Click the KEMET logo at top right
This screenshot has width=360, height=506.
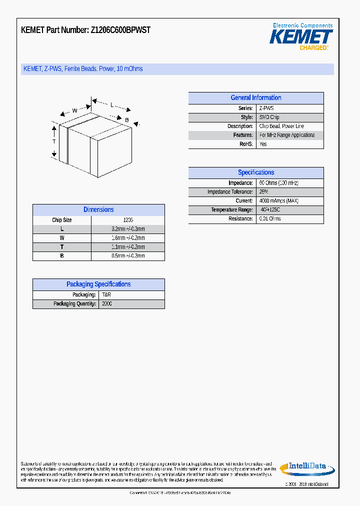click(x=301, y=36)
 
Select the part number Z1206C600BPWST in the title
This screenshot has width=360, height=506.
click(x=120, y=30)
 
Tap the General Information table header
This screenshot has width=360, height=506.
click(x=255, y=98)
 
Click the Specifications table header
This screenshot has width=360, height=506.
click(x=255, y=172)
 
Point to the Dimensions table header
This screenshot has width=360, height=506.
click(x=98, y=210)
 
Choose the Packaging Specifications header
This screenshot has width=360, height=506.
click(x=98, y=284)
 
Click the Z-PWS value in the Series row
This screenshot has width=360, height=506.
click(x=266, y=108)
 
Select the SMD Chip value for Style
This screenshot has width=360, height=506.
click(x=269, y=117)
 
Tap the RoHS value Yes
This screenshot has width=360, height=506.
click(x=263, y=144)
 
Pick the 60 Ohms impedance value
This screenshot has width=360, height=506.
click(x=278, y=183)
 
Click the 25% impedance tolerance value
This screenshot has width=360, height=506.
click(x=263, y=192)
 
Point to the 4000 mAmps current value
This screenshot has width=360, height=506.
click(x=278, y=201)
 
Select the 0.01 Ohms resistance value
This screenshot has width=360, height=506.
click(x=270, y=219)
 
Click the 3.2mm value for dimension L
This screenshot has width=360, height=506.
click(x=127, y=229)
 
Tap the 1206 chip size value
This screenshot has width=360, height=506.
click(x=128, y=220)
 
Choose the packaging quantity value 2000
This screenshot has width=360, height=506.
click(x=107, y=304)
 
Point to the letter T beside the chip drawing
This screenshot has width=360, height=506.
click(x=54, y=142)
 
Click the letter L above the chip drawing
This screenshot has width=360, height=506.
click(x=112, y=105)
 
